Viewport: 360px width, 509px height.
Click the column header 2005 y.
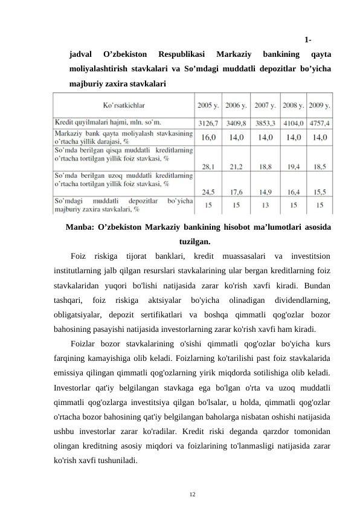point(208,104)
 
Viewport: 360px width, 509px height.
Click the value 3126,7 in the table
point(208,123)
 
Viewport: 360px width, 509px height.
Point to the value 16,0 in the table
point(208,137)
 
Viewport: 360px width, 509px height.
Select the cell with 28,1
point(208,165)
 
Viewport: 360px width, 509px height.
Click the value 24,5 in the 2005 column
point(208,192)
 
